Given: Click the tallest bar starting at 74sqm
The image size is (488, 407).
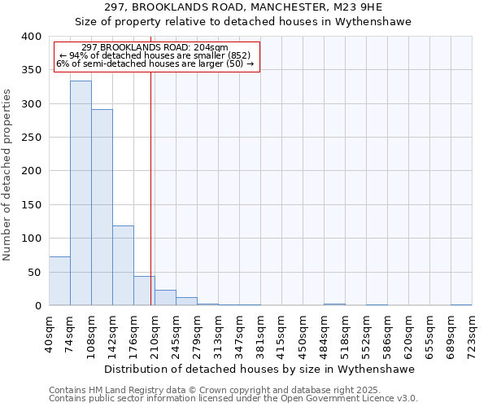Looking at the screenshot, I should click(81, 193).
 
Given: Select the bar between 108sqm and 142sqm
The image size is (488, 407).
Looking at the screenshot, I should click(102, 208).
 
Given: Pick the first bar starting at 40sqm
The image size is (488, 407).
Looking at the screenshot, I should click(59, 281).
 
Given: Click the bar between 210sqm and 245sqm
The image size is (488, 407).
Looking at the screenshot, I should click(165, 298).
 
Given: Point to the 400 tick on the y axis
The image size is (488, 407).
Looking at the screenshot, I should click(31, 37).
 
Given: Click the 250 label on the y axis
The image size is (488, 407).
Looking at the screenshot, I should click(31, 138).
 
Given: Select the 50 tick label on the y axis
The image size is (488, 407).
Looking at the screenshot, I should click(34, 272).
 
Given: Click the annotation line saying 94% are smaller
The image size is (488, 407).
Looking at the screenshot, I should click(158, 55).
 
